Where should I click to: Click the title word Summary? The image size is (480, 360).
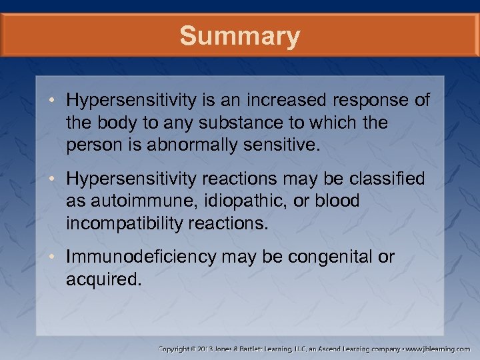(x=239, y=36)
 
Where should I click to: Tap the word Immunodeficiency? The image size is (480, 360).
(x=141, y=257)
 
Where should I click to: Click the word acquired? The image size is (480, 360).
(x=103, y=279)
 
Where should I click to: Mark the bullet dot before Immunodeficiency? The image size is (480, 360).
(x=59, y=257)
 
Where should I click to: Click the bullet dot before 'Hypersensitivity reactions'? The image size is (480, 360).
(x=59, y=179)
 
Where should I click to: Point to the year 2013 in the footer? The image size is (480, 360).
(x=216, y=349)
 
